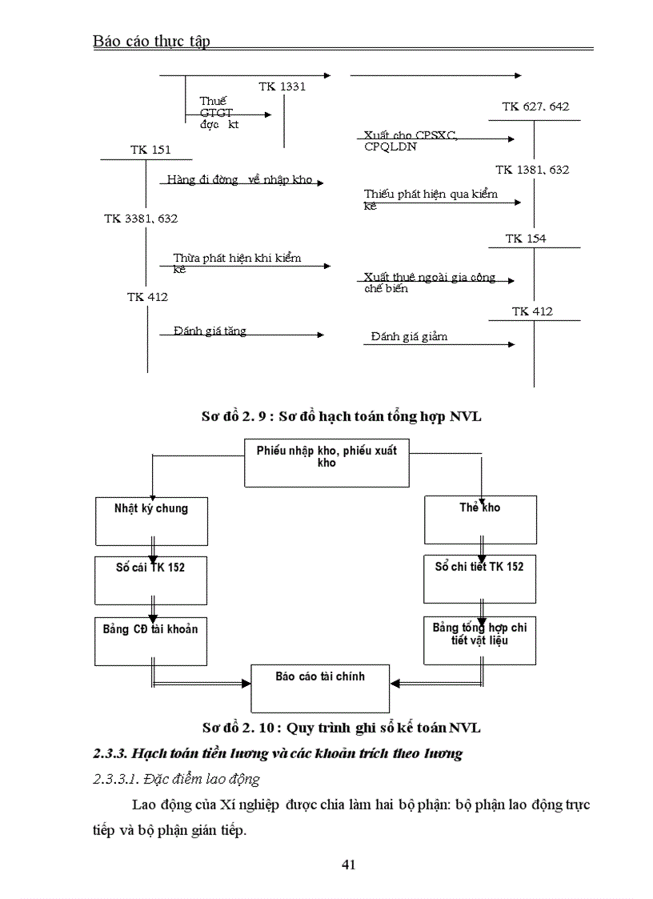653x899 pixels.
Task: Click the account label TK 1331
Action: (282, 86)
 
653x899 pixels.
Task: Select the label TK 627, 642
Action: (535, 106)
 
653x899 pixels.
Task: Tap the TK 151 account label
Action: (150, 150)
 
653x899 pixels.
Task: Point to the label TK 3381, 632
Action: (141, 218)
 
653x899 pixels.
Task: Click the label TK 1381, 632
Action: (532, 170)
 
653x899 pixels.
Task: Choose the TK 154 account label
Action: (526, 239)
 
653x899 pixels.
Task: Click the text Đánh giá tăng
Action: (210, 331)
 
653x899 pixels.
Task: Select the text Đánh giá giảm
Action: (409, 336)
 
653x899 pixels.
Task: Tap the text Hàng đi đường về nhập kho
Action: (239, 179)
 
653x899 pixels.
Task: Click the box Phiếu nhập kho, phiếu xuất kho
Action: (326, 463)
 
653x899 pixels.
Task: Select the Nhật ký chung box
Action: (141, 519)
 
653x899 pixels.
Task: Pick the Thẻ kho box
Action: (479, 519)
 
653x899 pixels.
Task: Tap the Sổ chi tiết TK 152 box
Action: (479, 579)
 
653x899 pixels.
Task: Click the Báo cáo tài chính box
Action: (320, 688)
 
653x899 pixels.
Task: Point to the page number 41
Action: (348, 864)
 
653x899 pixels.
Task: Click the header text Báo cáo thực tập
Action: (151, 42)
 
